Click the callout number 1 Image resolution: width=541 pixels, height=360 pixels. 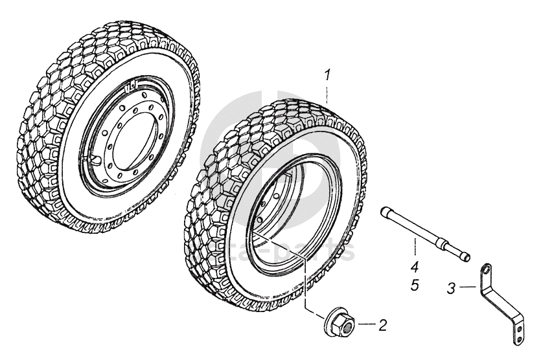tap(328, 76)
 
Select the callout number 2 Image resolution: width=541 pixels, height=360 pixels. tap(382, 325)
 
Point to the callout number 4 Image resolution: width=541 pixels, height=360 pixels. tap(414, 265)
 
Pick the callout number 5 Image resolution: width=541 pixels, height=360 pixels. tap(414, 284)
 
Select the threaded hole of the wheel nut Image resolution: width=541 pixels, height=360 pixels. tap(343, 324)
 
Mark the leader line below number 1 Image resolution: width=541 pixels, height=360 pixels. tap(327, 94)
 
